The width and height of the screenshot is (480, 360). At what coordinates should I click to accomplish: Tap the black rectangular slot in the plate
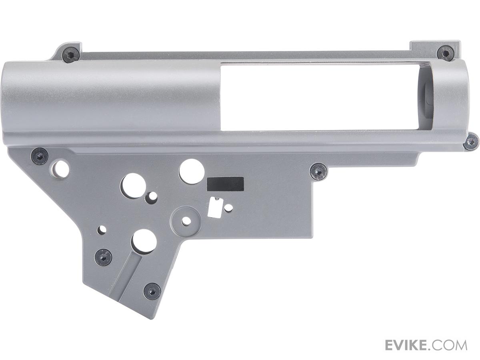click(x=225, y=184)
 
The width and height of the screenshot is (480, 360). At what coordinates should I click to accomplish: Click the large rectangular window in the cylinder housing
click(x=319, y=96)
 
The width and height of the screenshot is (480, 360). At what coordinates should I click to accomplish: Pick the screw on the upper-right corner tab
click(x=444, y=54)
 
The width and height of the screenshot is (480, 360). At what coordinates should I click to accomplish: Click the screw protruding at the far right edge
click(x=470, y=142)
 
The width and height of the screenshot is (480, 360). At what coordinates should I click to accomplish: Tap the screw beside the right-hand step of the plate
click(x=319, y=171)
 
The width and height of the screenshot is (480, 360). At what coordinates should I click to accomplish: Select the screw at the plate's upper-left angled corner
click(x=40, y=156)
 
